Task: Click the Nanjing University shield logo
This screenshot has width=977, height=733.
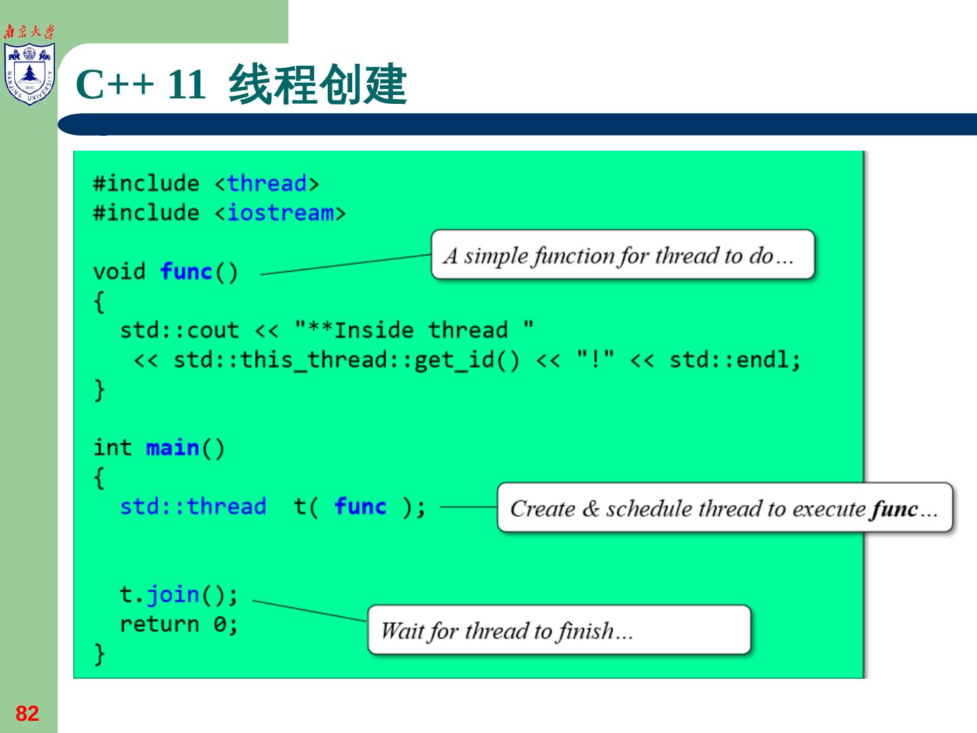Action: [29, 73]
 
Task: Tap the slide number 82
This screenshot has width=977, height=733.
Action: [27, 713]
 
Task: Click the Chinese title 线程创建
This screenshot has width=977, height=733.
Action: [318, 85]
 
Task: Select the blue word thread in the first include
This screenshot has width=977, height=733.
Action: [266, 183]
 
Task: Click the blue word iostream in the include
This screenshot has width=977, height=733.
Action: [280, 213]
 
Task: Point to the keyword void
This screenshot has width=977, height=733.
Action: [119, 271]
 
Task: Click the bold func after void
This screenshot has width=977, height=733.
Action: [187, 271]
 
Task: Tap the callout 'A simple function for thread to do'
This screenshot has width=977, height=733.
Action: [622, 255]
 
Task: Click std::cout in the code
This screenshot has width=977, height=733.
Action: [179, 331]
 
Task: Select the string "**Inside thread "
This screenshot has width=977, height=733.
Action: [414, 331]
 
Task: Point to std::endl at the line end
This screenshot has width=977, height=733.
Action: [734, 360]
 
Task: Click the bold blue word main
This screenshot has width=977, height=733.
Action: [172, 448]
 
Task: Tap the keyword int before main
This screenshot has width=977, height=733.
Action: [112, 448]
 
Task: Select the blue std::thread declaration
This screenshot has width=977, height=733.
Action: [193, 507]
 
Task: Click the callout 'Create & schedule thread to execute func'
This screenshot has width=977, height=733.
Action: [725, 508]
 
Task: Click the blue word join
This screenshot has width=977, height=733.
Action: [173, 595]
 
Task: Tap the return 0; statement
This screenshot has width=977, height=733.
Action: [178, 624]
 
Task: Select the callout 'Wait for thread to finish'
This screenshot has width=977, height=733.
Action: [559, 631]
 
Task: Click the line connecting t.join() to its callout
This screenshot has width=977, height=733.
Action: [309, 610]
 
